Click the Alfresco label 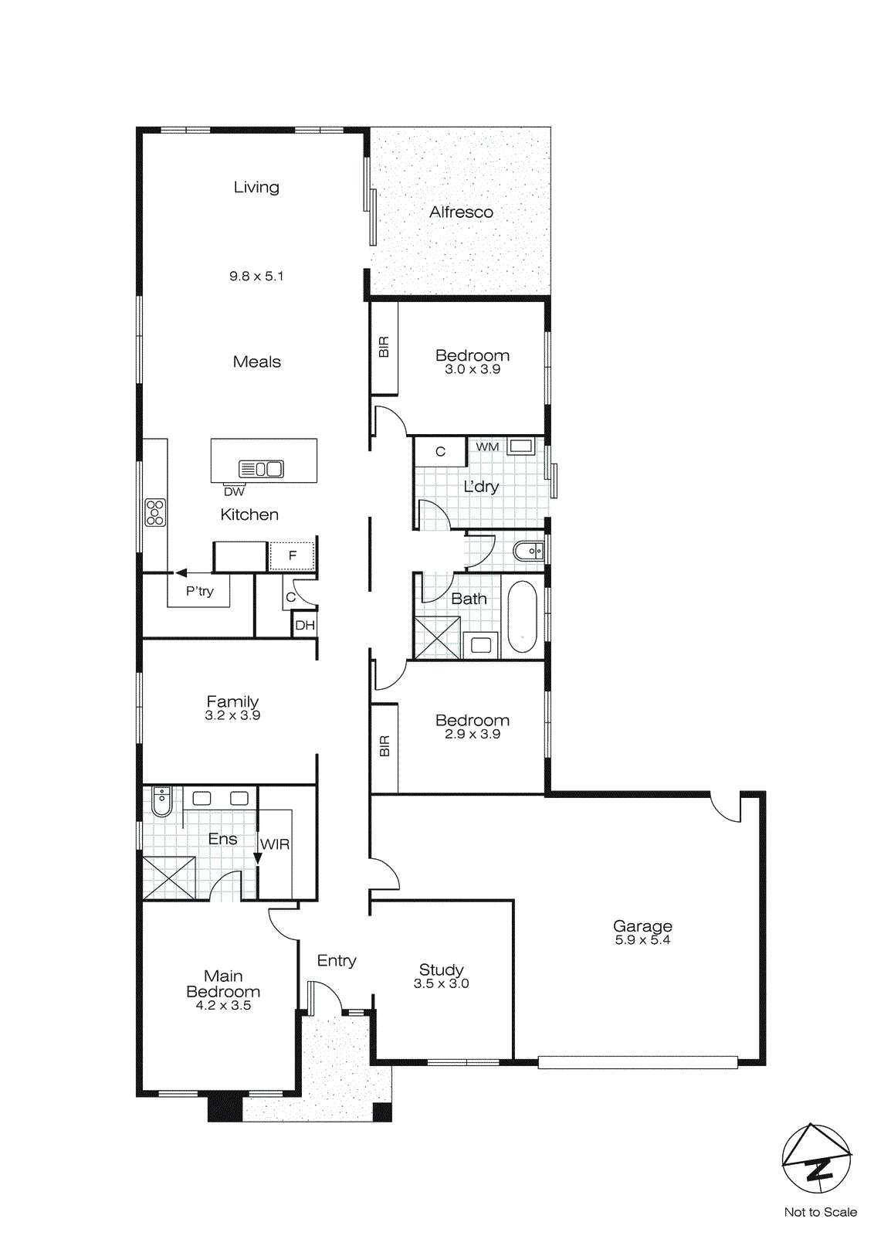pyautogui.click(x=461, y=212)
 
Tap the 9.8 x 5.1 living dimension pyautogui.click(x=256, y=276)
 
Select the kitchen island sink pyautogui.click(x=262, y=468)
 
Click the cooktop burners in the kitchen pyautogui.click(x=155, y=512)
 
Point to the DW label pyautogui.click(x=234, y=492)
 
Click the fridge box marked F pyautogui.click(x=292, y=555)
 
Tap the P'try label pyautogui.click(x=199, y=591)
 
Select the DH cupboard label pyautogui.click(x=305, y=625)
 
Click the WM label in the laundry pyautogui.click(x=487, y=447)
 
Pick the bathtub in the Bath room pyautogui.click(x=523, y=616)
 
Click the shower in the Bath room pyautogui.click(x=437, y=638)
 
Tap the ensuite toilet pyautogui.click(x=161, y=802)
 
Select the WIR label pyautogui.click(x=276, y=844)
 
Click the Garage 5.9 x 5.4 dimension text pyautogui.click(x=642, y=940)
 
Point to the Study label pyautogui.click(x=441, y=969)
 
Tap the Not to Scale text pyautogui.click(x=820, y=1212)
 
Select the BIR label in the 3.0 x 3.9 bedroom pyautogui.click(x=384, y=348)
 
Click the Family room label pyautogui.click(x=232, y=701)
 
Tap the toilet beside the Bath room pyautogui.click(x=530, y=552)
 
